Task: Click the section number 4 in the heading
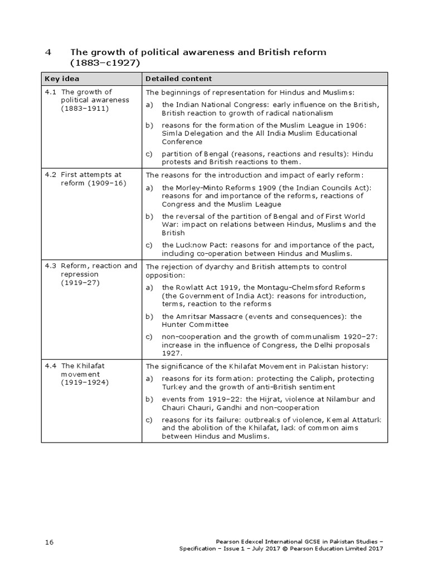pyautogui.click(x=48, y=52)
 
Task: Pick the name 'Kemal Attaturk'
pyautogui.click(x=353, y=420)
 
